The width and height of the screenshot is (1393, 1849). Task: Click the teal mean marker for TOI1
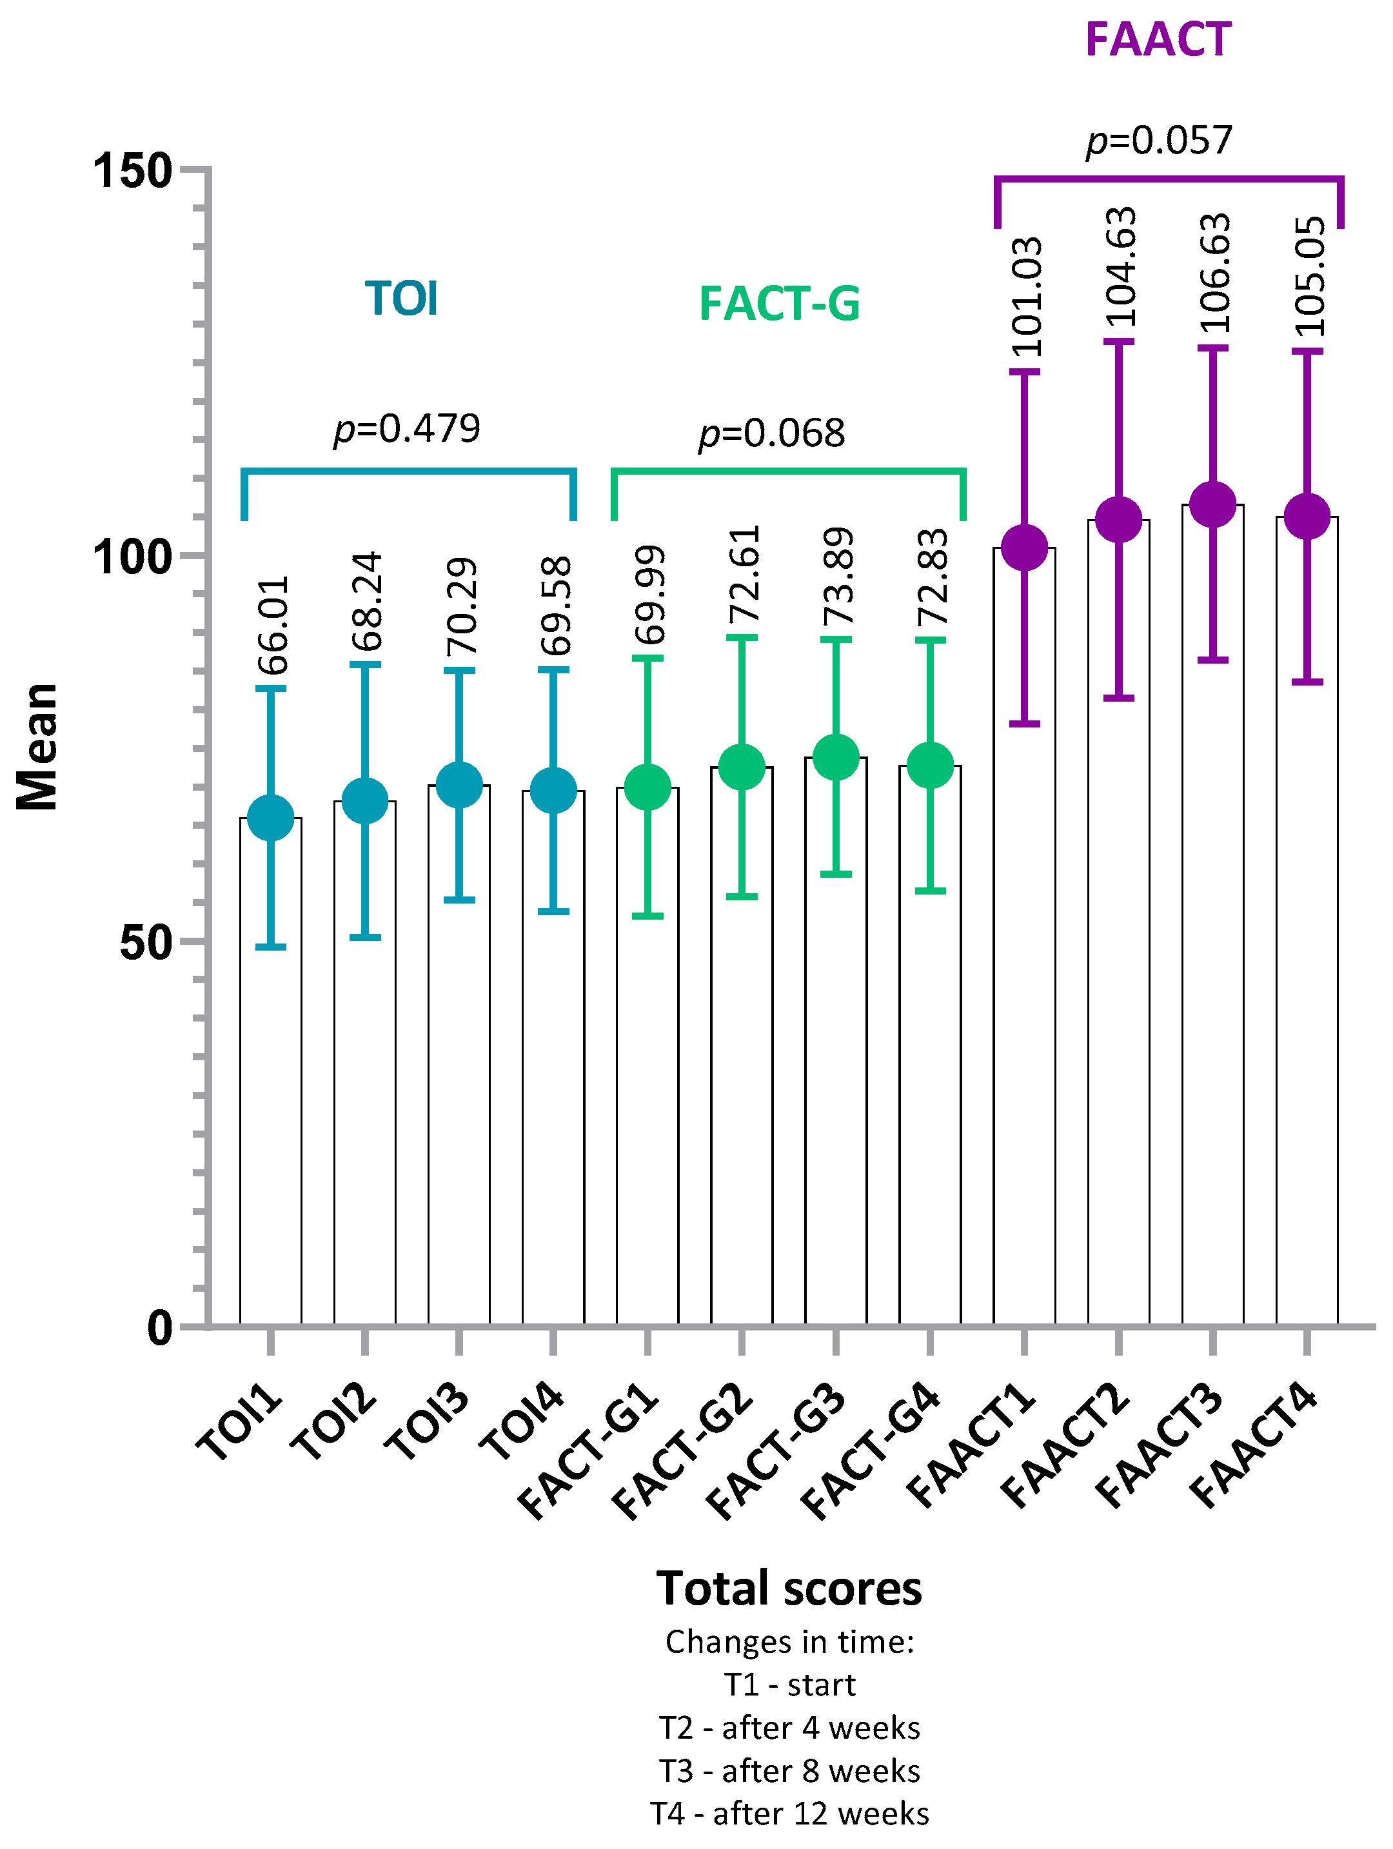tap(271, 818)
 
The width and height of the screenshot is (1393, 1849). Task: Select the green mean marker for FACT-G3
tap(836, 757)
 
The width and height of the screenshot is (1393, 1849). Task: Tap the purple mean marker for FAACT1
tap(1025, 548)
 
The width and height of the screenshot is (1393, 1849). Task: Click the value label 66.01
tap(273, 625)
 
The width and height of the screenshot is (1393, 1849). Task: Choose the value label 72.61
tap(744, 574)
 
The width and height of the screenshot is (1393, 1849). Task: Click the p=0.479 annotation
tap(407, 429)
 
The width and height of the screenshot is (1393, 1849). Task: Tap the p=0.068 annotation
tap(772, 433)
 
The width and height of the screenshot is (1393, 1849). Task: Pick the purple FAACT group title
tap(1158, 39)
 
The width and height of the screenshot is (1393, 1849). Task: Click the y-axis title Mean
tap(37, 746)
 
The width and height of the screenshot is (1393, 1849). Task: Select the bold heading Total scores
tap(789, 1588)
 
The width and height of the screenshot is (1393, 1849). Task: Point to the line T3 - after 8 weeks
tap(789, 1770)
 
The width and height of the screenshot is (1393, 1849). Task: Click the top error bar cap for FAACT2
tap(1119, 342)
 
